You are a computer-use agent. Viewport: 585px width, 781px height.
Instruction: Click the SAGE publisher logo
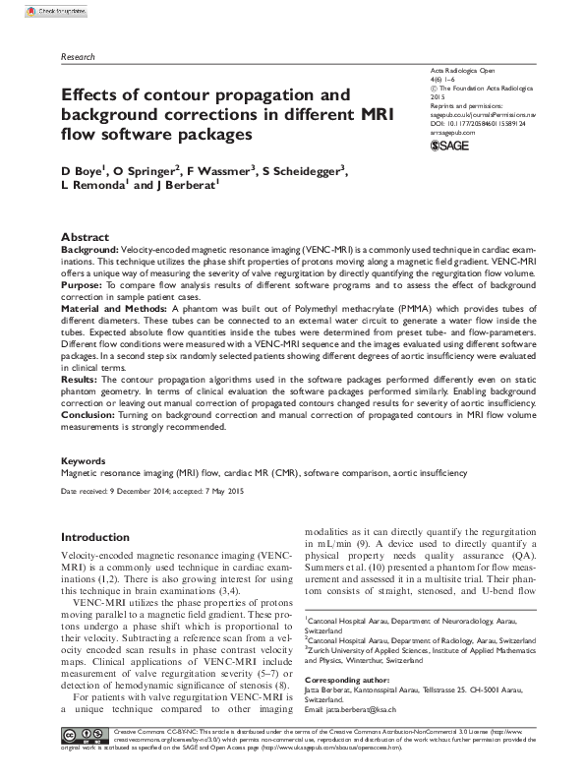click(x=450, y=147)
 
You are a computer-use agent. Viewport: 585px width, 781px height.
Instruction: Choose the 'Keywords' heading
click(x=84, y=459)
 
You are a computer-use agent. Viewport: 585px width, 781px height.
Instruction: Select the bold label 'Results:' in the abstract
click(x=80, y=377)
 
